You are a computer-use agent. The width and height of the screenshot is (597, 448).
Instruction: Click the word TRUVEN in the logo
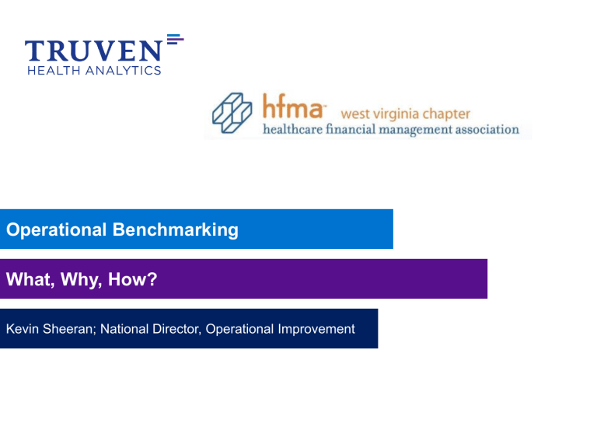pyautogui.click(x=93, y=51)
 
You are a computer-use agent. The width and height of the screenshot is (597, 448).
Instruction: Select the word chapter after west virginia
pyautogui.click(x=446, y=114)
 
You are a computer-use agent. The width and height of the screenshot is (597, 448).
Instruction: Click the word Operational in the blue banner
pyautogui.click(x=56, y=229)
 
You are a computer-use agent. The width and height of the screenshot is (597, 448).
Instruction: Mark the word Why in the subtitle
pyautogui.click(x=75, y=278)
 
